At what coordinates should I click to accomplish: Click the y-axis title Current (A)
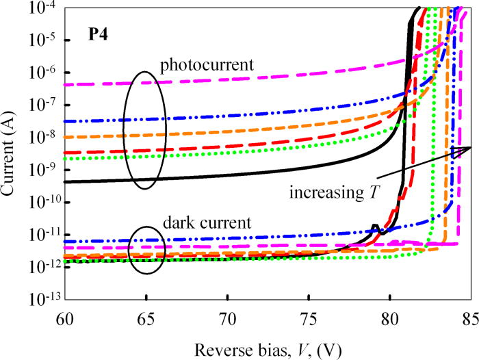tap(12, 153)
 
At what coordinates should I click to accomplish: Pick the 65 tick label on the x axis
tap(145, 317)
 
